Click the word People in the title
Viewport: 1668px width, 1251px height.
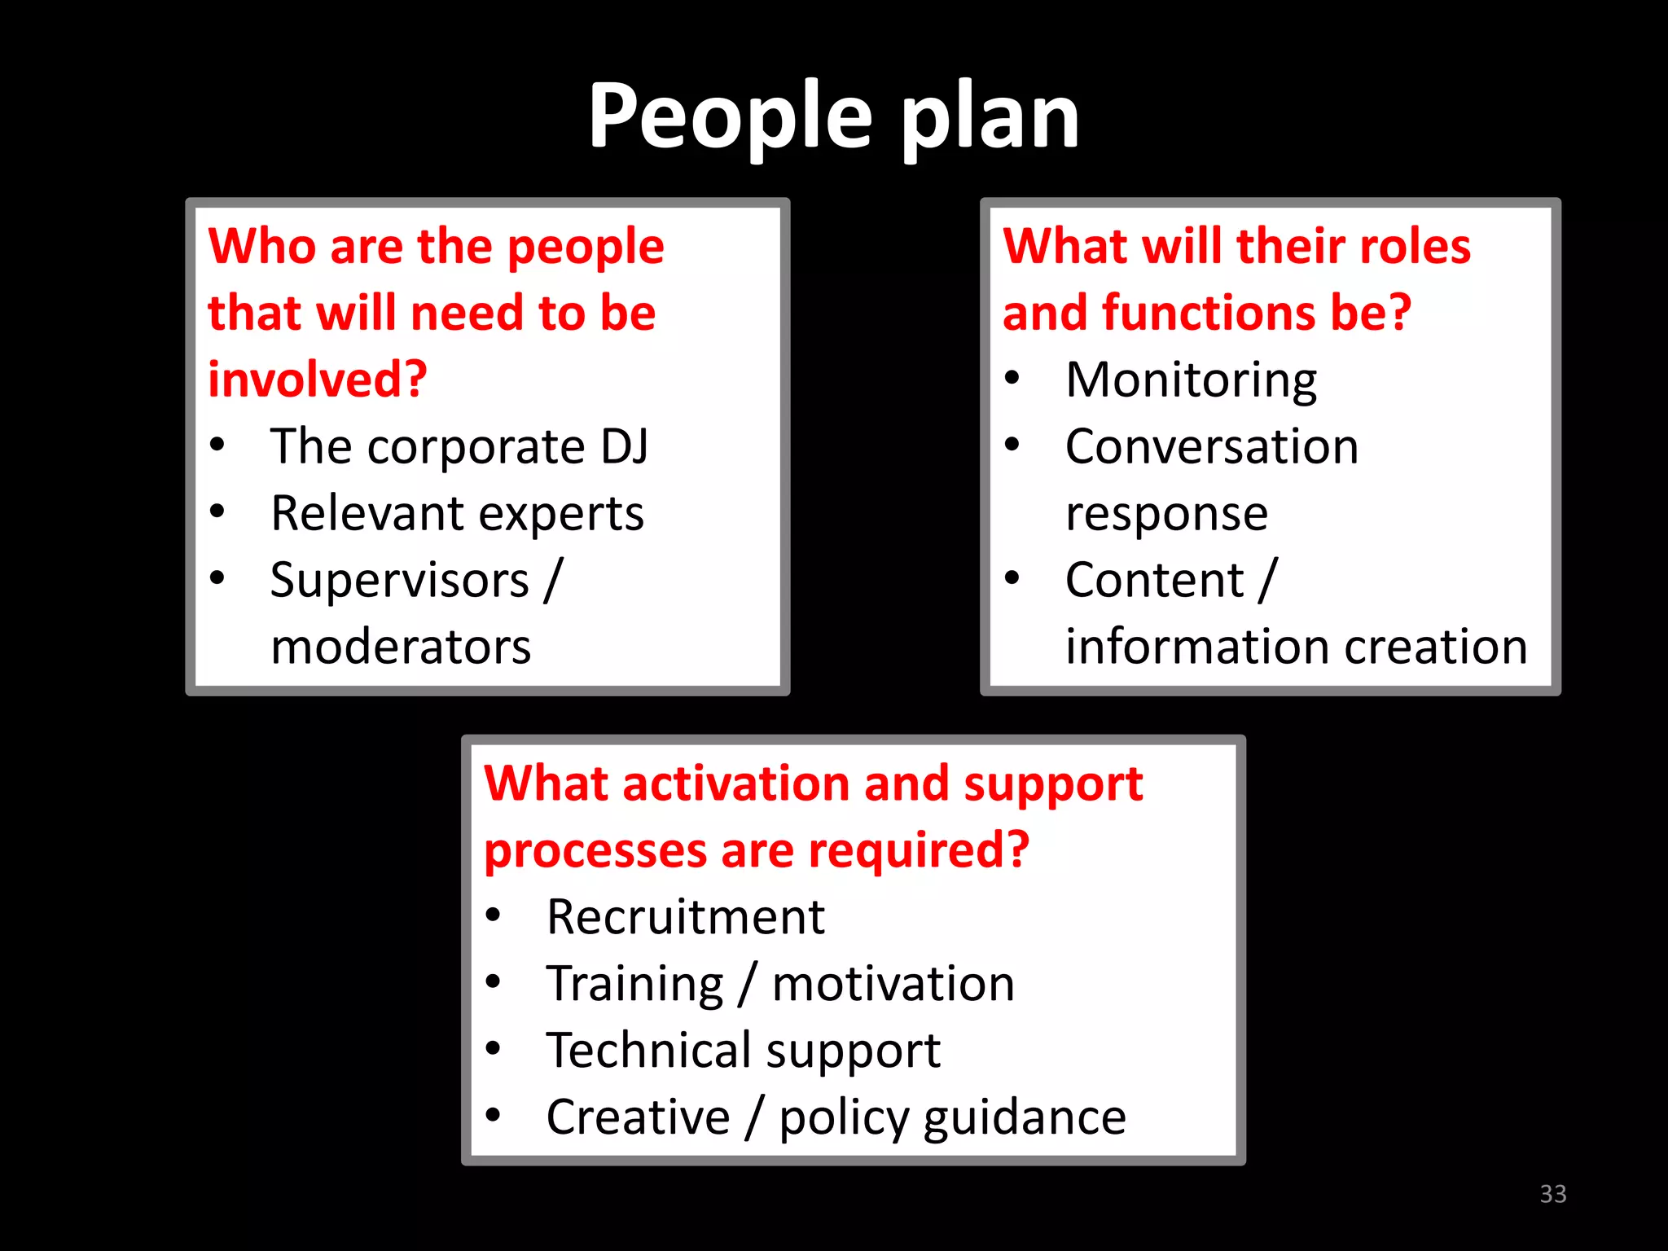coord(730,118)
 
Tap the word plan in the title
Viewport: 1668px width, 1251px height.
coord(990,118)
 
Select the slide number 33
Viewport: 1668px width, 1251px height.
coord(1552,1194)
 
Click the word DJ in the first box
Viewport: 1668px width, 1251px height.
coord(625,446)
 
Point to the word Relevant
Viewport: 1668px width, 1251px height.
coord(367,513)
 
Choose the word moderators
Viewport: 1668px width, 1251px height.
coord(401,647)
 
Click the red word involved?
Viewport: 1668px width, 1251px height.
coord(318,380)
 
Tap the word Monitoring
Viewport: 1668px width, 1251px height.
coord(1191,381)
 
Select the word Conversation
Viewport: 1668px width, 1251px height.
coord(1212,446)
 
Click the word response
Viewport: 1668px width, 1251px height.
coord(1166,515)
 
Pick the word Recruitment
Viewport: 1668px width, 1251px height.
coord(686,917)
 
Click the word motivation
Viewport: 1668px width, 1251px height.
coord(893,984)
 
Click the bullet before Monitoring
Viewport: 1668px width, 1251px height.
coord(1012,378)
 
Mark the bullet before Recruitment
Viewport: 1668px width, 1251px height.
coord(493,915)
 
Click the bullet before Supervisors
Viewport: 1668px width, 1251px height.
coord(217,578)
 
